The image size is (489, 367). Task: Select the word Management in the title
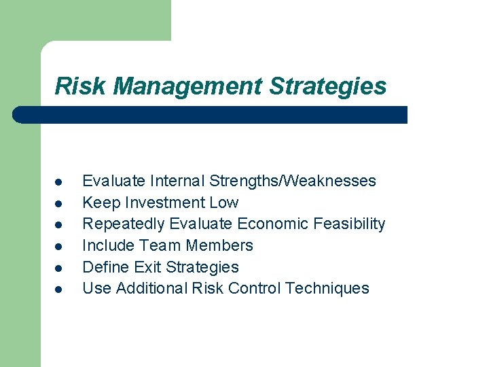coord(188,86)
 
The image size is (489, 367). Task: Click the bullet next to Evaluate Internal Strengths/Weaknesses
coord(59,182)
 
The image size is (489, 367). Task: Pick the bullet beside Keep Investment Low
coord(59,203)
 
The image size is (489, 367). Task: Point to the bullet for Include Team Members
coord(59,246)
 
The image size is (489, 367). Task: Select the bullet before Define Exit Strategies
coord(59,268)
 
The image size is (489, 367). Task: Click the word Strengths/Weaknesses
coord(293,181)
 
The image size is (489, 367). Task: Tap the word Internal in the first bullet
coord(177,181)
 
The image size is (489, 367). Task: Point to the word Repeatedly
coord(124,224)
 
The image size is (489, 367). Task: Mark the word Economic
coord(272,224)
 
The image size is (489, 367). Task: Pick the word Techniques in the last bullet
coord(327,288)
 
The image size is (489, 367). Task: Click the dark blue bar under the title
coord(211,115)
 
